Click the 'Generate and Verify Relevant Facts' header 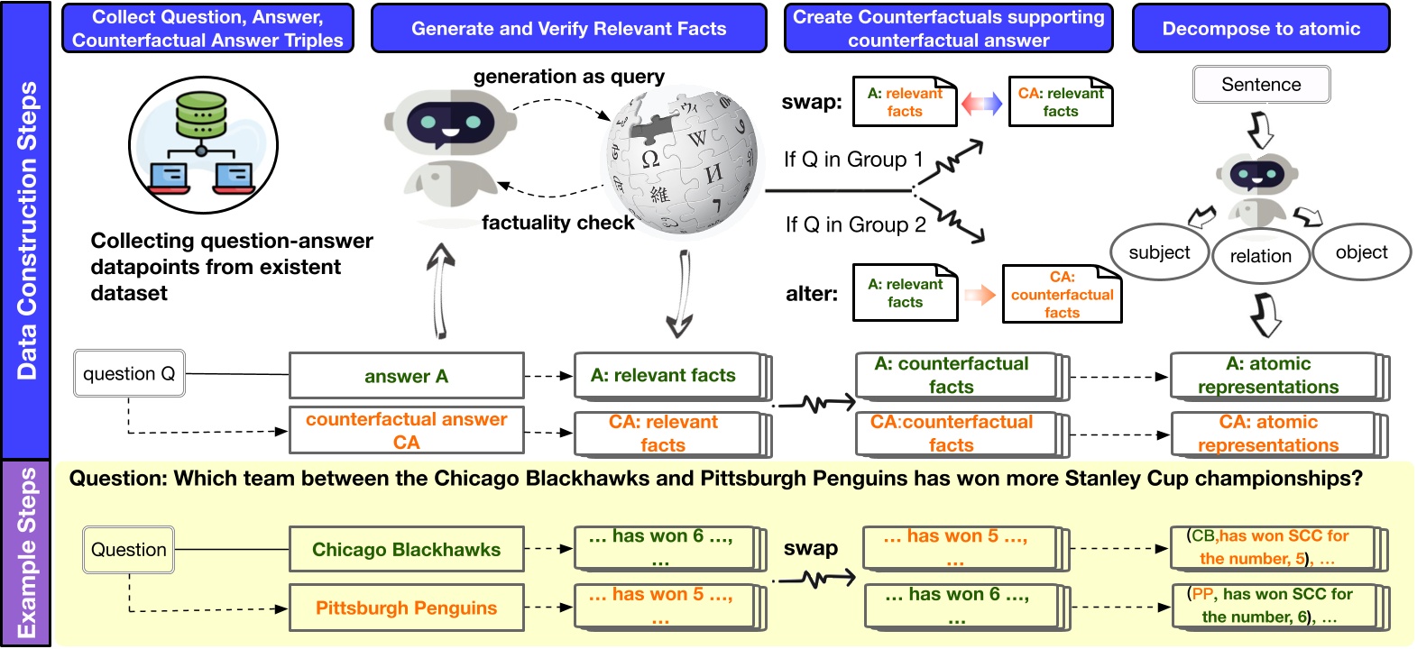pyautogui.click(x=569, y=29)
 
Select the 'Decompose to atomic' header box pyautogui.click(x=1261, y=29)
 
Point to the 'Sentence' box pyautogui.click(x=1261, y=84)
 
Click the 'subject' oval pyautogui.click(x=1160, y=252)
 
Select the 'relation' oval pyautogui.click(x=1261, y=256)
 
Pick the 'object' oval pyautogui.click(x=1361, y=252)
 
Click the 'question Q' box pyautogui.click(x=129, y=373)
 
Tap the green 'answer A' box pyautogui.click(x=406, y=376)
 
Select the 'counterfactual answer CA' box pyautogui.click(x=406, y=430)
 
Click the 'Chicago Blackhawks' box pyautogui.click(x=406, y=549)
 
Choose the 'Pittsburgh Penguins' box pyautogui.click(x=406, y=608)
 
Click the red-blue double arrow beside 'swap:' pyautogui.click(x=981, y=103)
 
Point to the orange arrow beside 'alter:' pyautogui.click(x=980, y=295)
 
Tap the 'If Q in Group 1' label pyautogui.click(x=853, y=160)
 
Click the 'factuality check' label pyautogui.click(x=557, y=223)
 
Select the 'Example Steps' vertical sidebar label pyautogui.click(x=26, y=553)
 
